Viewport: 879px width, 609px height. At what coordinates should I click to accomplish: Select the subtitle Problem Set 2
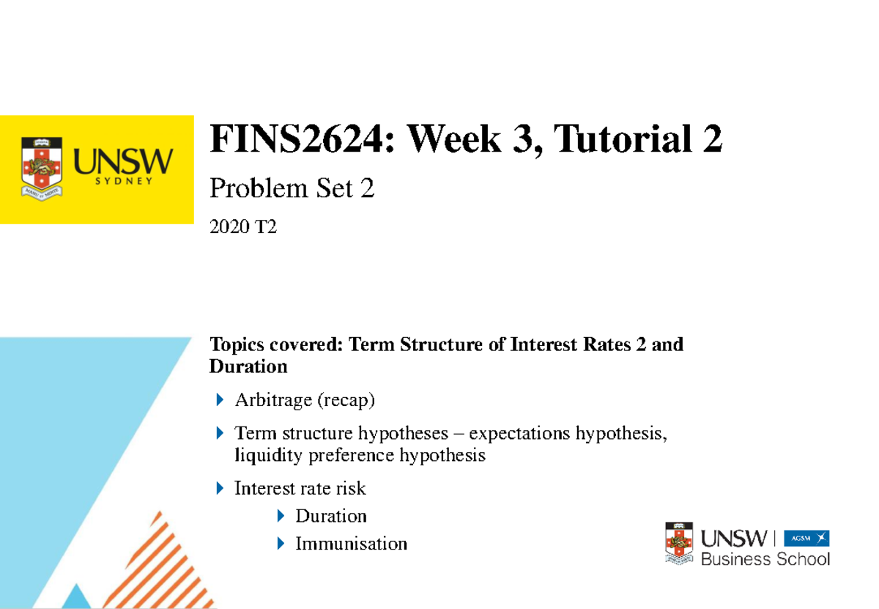tap(292, 188)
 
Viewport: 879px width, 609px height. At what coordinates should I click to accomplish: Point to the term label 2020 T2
tap(243, 229)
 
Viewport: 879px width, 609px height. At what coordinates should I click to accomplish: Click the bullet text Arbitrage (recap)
tap(305, 400)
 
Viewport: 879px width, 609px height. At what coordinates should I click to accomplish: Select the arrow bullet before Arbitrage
tap(220, 400)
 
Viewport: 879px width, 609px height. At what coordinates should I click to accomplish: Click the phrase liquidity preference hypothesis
tap(360, 455)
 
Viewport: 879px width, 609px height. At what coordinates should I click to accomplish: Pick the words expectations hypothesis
tap(568, 433)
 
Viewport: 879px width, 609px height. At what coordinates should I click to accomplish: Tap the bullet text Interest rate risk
tap(300, 487)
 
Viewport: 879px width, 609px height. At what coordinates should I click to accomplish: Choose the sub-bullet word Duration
tap(331, 516)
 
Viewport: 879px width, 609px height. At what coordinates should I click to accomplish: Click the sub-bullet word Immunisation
tap(351, 544)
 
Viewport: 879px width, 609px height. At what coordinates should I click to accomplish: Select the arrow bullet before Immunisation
tap(281, 544)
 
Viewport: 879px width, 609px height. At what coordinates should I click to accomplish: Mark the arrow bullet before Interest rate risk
tap(220, 487)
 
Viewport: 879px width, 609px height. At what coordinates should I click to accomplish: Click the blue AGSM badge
tap(806, 539)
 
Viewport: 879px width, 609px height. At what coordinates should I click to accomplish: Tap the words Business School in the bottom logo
tap(765, 559)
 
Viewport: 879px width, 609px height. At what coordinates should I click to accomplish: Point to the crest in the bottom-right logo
tap(678, 543)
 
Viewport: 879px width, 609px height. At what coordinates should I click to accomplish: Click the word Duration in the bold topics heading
tap(248, 365)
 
